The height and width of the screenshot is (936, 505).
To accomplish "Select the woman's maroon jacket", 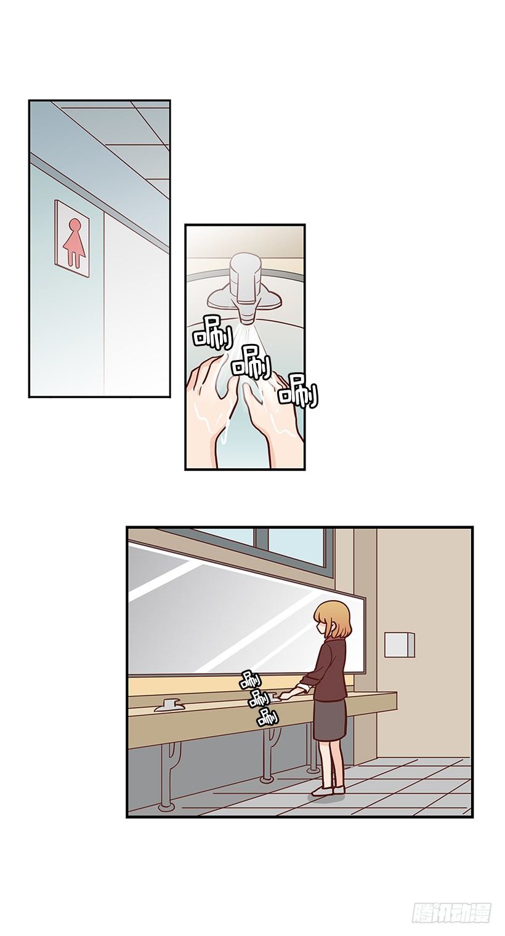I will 331,671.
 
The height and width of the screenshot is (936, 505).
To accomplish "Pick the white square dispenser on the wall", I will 399,644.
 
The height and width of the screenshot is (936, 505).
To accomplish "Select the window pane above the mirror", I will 296,545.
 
